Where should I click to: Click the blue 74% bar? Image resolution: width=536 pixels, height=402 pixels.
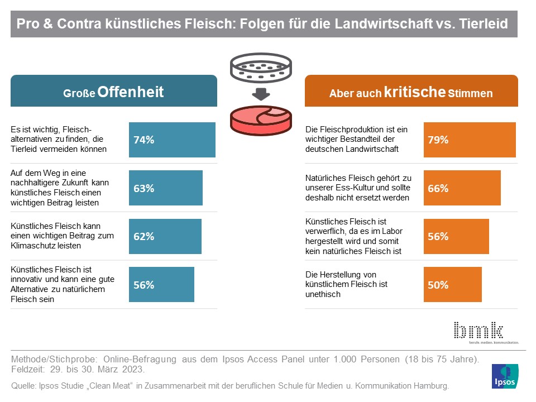(x=172, y=140)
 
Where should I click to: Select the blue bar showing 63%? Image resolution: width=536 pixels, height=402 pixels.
(x=166, y=188)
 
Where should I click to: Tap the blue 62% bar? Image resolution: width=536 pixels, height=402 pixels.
(x=165, y=236)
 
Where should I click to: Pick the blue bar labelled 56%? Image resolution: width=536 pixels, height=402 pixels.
(x=161, y=284)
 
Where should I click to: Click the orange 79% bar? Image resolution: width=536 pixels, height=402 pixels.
(x=470, y=140)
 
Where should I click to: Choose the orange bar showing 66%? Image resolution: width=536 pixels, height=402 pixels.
(x=462, y=188)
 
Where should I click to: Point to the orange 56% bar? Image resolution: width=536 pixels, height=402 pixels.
(x=456, y=236)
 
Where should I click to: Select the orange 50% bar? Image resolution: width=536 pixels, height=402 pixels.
(x=453, y=284)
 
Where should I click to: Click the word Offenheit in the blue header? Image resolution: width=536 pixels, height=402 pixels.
(x=131, y=92)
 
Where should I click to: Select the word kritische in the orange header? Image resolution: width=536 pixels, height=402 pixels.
(x=415, y=92)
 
